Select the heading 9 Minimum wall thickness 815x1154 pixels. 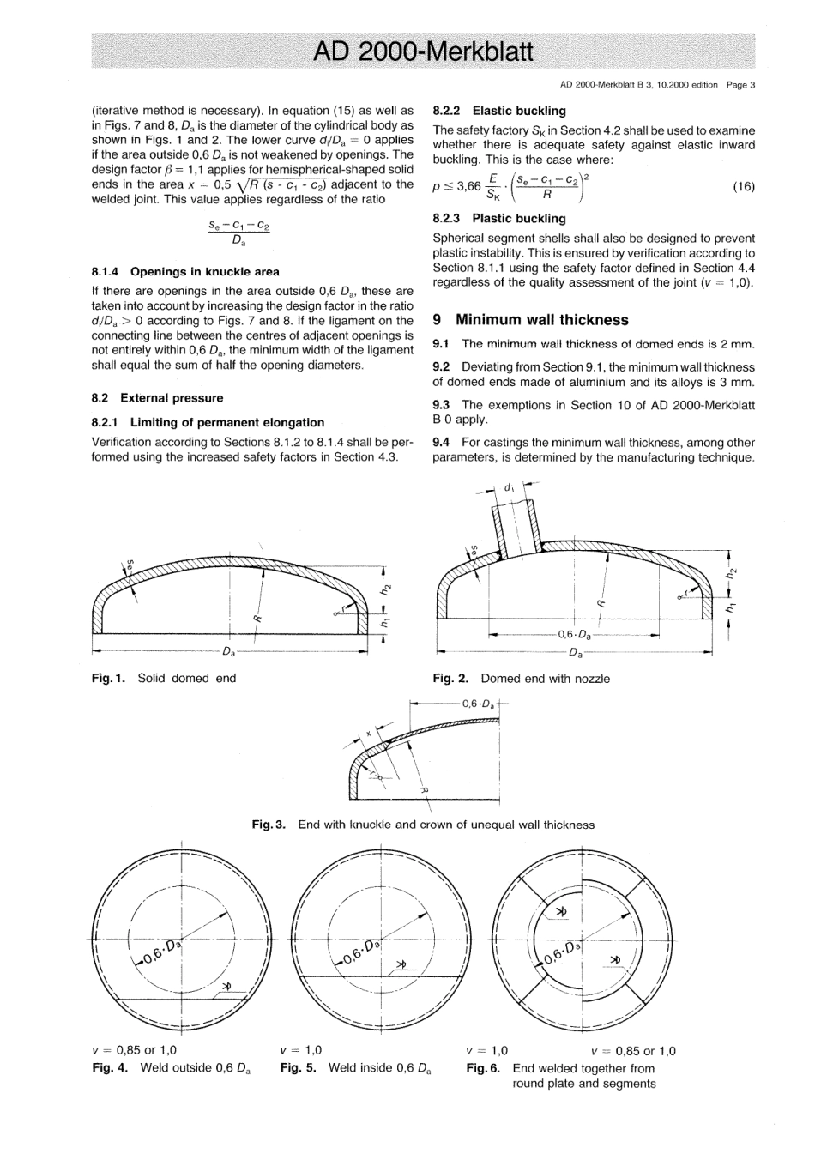[x=530, y=320]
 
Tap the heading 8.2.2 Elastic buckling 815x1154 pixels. [x=499, y=111]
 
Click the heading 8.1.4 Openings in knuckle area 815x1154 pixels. [x=185, y=271]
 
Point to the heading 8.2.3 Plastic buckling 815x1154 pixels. [x=499, y=218]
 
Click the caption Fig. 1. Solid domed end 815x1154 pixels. [x=164, y=678]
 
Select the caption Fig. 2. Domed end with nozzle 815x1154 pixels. [x=521, y=678]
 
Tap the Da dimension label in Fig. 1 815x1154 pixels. [x=229, y=651]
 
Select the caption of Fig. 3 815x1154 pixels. [x=422, y=825]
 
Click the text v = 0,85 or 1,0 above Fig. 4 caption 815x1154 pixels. [x=134, y=1050]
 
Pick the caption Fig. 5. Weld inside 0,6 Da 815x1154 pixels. [x=355, y=1068]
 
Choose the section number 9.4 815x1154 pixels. [x=442, y=443]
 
